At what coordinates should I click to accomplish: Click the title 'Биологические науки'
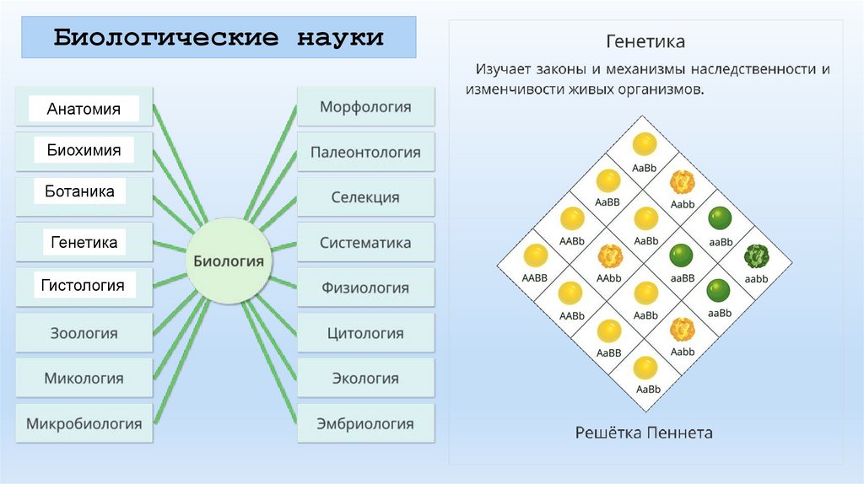(x=219, y=38)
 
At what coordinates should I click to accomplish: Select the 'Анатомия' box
(x=84, y=109)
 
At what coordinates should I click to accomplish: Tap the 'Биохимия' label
(x=84, y=151)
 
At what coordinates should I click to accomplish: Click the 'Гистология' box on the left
(x=83, y=286)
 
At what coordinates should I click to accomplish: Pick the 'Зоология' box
(x=84, y=333)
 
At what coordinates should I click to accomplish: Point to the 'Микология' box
(x=84, y=379)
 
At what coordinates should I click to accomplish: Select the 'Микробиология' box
(x=84, y=423)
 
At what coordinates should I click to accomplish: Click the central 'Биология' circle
(x=229, y=261)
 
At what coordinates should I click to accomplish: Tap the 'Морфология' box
(x=365, y=107)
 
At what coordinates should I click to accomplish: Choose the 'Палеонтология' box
(x=365, y=153)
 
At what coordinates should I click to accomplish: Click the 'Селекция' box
(x=365, y=197)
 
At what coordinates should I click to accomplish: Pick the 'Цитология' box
(x=365, y=333)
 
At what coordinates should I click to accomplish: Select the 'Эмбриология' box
(x=365, y=423)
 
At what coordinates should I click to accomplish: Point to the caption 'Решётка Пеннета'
(x=644, y=433)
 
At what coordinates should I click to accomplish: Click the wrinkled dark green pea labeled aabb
(x=756, y=255)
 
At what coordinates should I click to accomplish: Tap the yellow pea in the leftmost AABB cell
(x=535, y=256)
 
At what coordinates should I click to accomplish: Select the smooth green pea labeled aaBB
(x=682, y=255)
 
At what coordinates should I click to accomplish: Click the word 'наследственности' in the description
(x=743, y=69)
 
